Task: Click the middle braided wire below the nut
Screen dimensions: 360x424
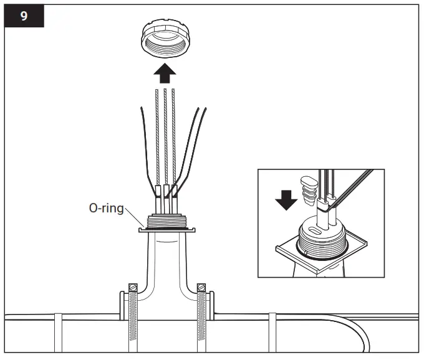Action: pyautogui.click(x=165, y=137)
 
